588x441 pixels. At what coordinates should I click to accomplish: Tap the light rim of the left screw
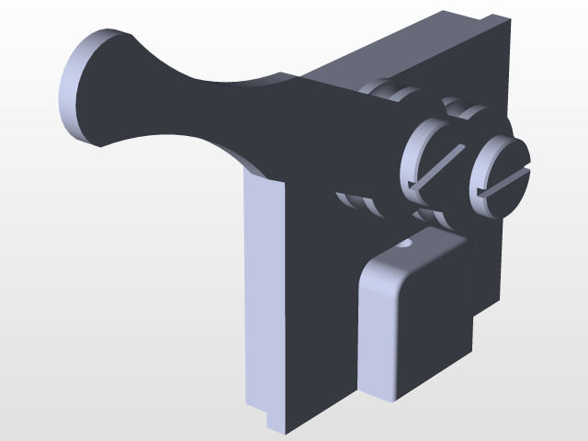(411, 152)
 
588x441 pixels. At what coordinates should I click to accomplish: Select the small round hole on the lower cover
(405, 245)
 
